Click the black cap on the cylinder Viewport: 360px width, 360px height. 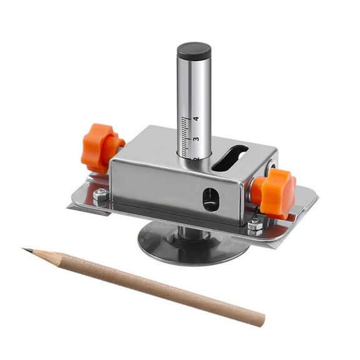194,51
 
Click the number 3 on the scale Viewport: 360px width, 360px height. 196,139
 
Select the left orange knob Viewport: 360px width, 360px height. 100,147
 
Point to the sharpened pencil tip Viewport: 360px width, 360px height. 25,250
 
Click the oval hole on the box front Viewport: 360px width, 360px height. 211,199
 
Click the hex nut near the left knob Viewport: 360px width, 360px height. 100,196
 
